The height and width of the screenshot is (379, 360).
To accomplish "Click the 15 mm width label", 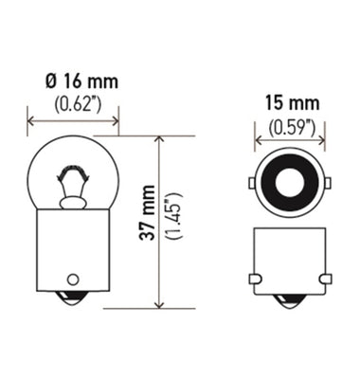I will (x=290, y=102).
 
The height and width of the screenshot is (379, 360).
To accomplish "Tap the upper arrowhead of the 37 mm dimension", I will (x=159, y=141).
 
